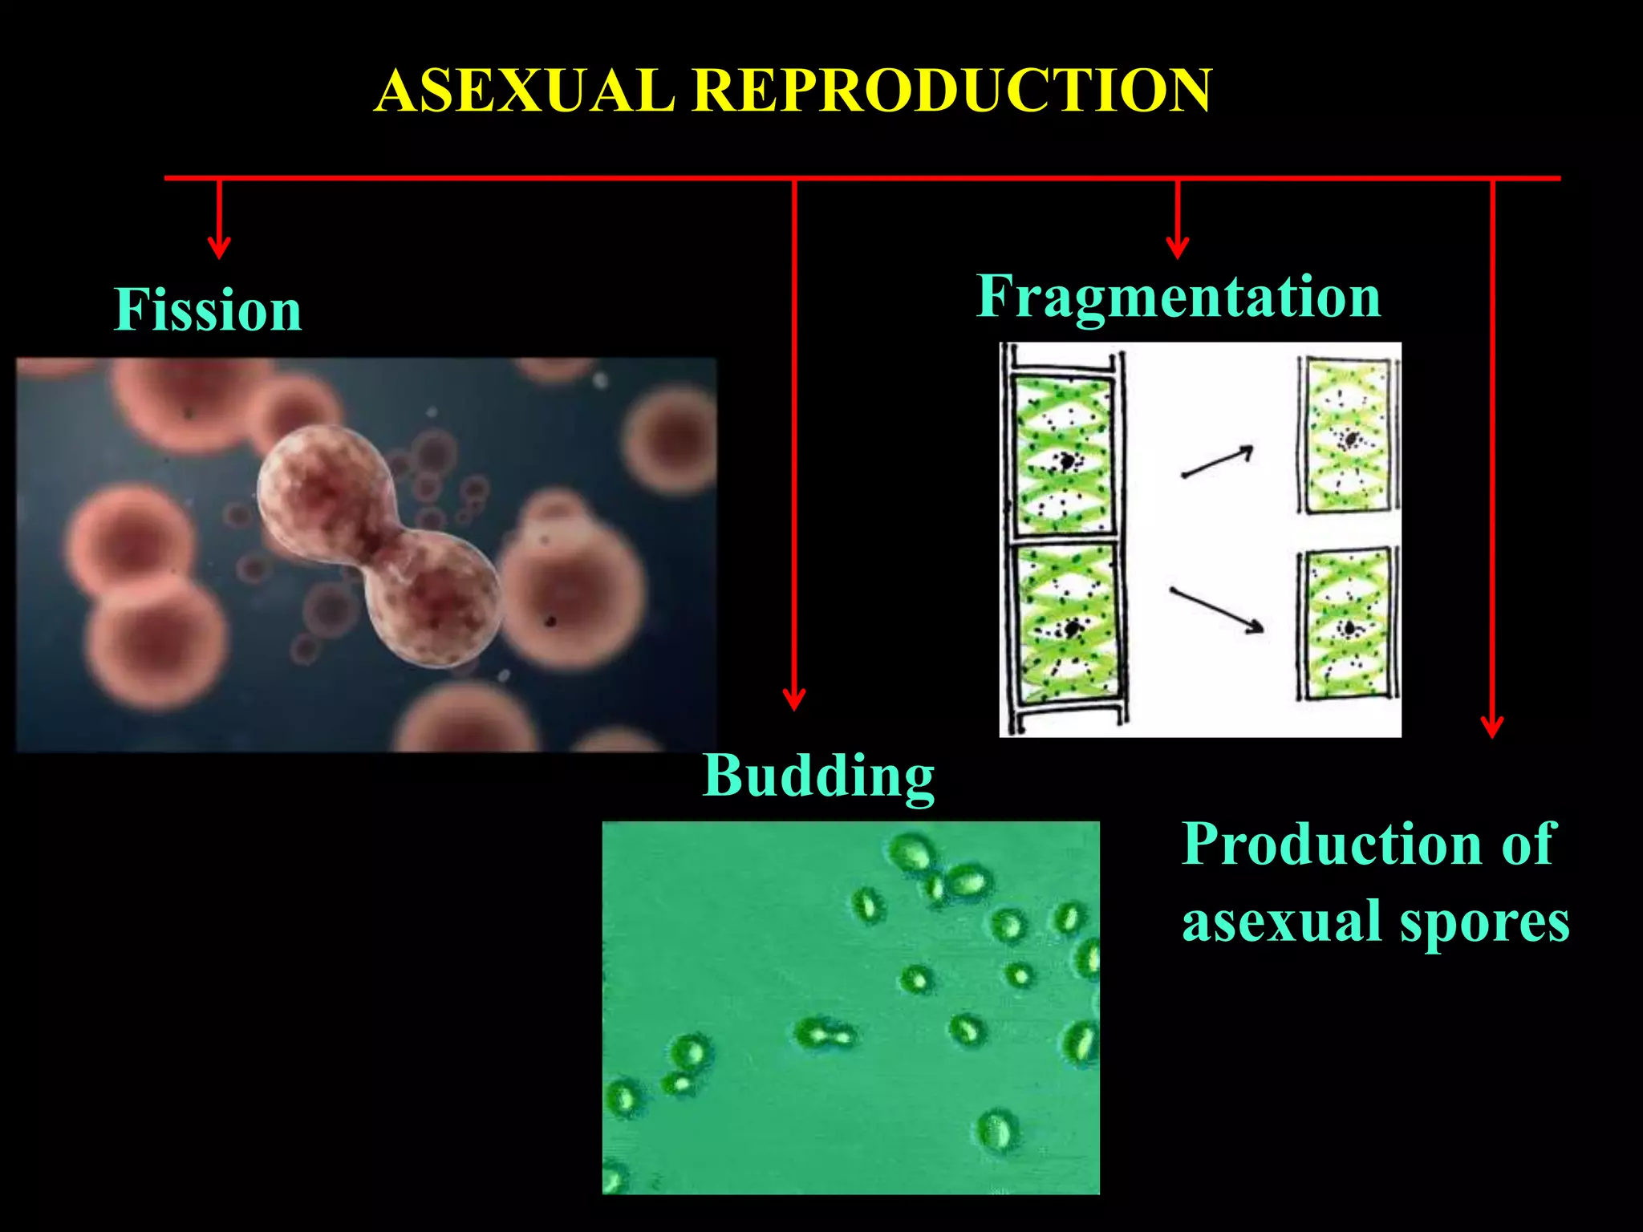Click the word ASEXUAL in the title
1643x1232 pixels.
pyautogui.click(x=525, y=90)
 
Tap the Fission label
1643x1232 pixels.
pyautogui.click(x=208, y=310)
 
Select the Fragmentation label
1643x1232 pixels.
pyautogui.click(x=1178, y=298)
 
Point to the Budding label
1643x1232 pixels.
pyautogui.click(x=818, y=776)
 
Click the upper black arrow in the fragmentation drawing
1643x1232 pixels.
pyautogui.click(x=1217, y=463)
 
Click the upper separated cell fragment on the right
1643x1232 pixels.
pyautogui.click(x=1348, y=436)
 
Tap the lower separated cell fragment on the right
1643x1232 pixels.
pyautogui.click(x=1348, y=624)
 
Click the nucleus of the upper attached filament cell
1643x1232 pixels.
pyautogui.click(x=1068, y=461)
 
